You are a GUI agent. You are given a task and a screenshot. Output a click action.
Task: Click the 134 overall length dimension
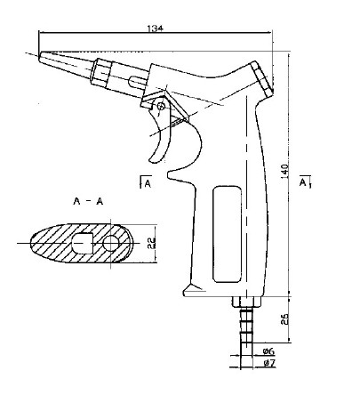click(156, 28)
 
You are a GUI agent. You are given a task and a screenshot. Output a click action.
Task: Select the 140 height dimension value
click(284, 171)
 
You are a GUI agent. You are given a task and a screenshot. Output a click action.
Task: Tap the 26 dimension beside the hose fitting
click(285, 318)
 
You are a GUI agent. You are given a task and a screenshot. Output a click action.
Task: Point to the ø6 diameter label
click(269, 351)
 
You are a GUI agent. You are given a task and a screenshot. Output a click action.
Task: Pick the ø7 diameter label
click(269, 362)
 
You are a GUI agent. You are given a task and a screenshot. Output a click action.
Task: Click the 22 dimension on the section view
click(151, 243)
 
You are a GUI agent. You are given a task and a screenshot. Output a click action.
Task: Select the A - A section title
click(88, 202)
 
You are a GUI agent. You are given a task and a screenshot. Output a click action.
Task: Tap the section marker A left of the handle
click(146, 182)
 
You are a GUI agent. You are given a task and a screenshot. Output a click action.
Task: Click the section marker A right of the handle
click(305, 181)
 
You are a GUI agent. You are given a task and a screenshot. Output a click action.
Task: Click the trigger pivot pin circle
click(161, 106)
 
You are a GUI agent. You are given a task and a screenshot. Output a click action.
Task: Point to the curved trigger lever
click(161, 133)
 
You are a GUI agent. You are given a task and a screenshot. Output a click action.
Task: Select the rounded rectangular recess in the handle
click(227, 234)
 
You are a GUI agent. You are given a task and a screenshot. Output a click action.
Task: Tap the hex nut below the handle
click(246, 302)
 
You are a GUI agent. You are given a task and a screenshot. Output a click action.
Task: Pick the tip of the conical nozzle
click(39, 57)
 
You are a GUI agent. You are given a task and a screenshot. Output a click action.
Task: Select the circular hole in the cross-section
click(110, 243)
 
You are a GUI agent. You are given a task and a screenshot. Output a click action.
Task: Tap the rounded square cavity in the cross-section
click(83, 243)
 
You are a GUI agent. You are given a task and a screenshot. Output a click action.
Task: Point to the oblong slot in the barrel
click(137, 81)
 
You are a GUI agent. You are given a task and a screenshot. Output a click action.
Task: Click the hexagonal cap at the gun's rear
click(261, 79)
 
